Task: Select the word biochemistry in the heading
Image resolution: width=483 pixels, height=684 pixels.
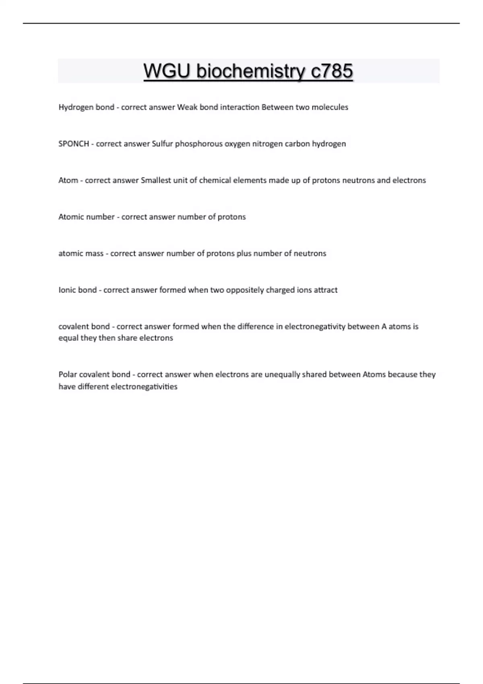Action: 251,71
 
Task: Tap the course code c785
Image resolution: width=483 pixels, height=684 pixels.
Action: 332,71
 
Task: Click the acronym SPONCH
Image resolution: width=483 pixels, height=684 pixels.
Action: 74,144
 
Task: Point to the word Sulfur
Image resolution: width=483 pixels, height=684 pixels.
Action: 162,144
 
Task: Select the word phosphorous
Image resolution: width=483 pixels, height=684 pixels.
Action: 198,144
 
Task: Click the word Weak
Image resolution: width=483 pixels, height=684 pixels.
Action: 187,107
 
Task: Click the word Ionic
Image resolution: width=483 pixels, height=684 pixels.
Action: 66,290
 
